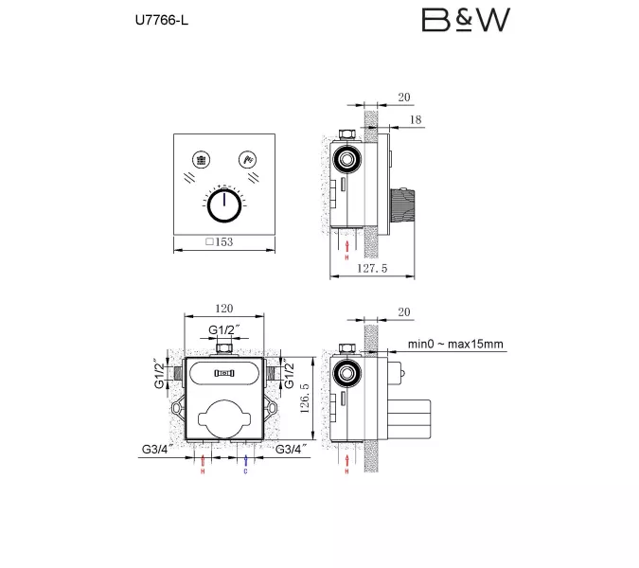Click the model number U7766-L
[150, 20]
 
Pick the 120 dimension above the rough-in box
[223, 309]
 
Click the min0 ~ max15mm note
[456, 344]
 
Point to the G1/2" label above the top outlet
[224, 329]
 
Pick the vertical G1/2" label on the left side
[159, 373]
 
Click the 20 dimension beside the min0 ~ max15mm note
[405, 311]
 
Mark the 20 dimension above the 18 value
[405, 96]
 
